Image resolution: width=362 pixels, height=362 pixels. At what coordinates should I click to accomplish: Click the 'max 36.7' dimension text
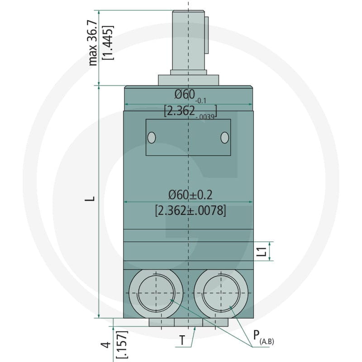(93, 43)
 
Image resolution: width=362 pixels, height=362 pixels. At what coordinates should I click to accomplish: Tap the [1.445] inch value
(108, 43)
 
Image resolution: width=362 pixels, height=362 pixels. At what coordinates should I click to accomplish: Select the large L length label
(90, 199)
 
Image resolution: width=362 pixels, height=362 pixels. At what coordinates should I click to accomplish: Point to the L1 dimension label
(262, 252)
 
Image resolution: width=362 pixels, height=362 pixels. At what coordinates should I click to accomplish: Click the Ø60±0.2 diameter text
(190, 195)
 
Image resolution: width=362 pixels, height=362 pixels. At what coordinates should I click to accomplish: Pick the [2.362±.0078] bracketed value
(190, 210)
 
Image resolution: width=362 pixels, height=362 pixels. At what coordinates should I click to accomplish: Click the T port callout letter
(182, 340)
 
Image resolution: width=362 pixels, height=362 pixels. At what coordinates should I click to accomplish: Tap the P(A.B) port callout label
(263, 337)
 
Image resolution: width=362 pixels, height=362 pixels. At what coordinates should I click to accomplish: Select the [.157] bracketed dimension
(122, 344)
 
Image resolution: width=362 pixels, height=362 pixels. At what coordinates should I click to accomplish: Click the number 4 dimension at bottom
(106, 345)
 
